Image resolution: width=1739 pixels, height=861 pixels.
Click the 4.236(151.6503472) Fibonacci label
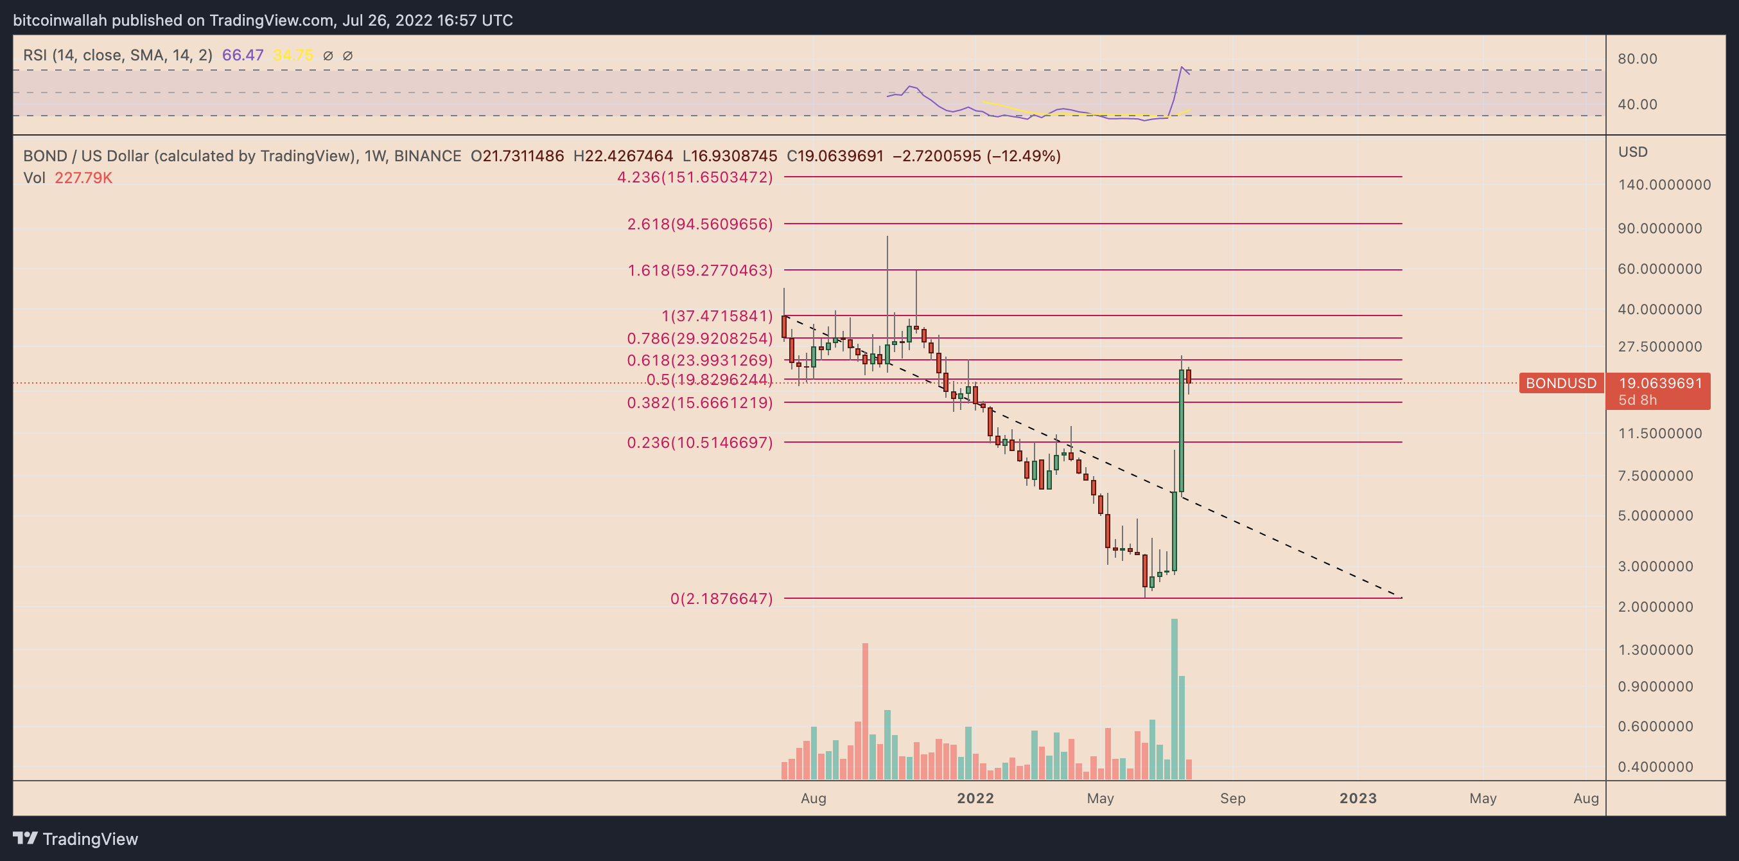[695, 177]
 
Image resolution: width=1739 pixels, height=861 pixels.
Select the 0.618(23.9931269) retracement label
[699, 360]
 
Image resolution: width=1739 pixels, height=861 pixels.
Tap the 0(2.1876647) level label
[721, 598]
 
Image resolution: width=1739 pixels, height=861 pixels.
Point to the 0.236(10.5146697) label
[699, 443]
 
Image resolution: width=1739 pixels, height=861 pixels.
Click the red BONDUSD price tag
[1560, 384]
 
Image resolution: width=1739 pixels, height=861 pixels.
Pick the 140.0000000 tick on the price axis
[1664, 185]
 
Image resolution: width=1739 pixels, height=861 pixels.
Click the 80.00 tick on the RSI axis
[1637, 58]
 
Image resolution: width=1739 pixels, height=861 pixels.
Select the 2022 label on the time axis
[975, 798]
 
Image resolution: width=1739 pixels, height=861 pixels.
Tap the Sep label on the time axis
[1232, 798]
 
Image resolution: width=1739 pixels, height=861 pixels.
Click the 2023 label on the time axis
[1358, 798]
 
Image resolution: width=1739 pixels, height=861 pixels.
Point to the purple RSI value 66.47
[242, 55]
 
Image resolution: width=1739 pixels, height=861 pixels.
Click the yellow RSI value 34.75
[293, 55]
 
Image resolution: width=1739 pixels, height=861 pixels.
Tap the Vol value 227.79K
[83, 178]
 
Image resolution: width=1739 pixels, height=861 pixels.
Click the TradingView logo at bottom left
[76, 839]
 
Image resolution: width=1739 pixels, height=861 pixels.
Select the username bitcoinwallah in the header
[60, 21]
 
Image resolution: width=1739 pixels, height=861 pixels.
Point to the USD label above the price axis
[1632, 152]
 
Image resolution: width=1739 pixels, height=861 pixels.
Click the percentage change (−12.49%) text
[1024, 156]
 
